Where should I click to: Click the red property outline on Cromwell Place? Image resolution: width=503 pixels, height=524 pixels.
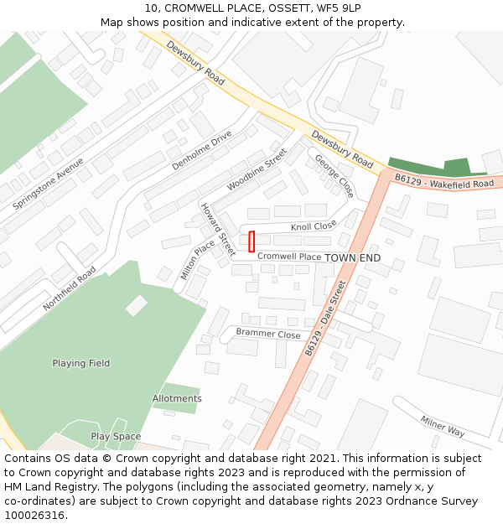[251, 241]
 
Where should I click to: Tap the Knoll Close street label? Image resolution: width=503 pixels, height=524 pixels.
[314, 226]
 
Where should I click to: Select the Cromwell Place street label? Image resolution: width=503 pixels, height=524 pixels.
[289, 257]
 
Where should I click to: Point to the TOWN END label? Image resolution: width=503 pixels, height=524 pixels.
[353, 257]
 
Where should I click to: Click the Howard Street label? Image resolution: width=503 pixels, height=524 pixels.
[217, 229]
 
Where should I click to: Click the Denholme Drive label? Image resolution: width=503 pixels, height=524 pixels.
[201, 151]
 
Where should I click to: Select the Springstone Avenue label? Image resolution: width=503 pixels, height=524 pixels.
[49, 183]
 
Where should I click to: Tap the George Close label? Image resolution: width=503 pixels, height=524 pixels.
[334, 176]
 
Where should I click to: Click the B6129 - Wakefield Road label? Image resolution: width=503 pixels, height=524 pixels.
[444, 182]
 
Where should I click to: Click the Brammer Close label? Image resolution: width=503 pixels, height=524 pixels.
[268, 334]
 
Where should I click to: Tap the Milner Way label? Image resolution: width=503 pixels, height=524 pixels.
[443, 426]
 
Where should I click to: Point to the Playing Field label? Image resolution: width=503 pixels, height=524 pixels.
[81, 363]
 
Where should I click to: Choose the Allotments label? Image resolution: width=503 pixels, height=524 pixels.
[177, 398]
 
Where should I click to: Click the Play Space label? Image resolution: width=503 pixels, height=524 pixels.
[116, 437]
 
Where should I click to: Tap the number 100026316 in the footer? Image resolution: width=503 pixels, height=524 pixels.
[34, 515]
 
